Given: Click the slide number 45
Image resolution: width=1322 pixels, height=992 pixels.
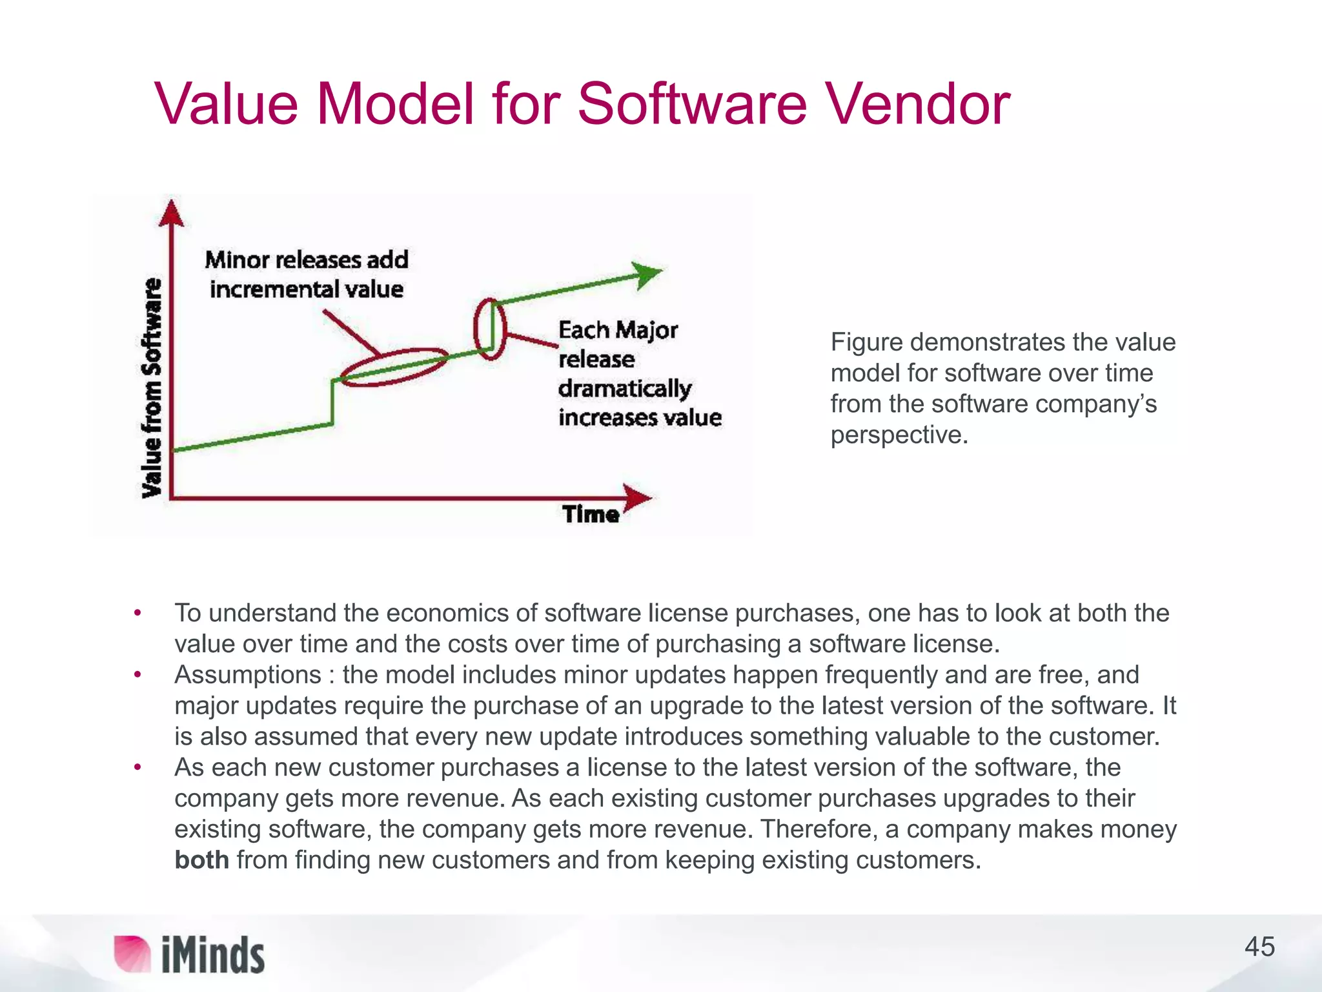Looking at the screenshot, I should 1259,947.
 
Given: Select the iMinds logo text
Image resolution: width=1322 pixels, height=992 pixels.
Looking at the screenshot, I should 213,955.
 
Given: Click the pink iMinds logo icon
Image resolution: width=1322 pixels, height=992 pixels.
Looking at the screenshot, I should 132,953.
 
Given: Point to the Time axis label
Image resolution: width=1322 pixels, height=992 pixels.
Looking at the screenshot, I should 590,515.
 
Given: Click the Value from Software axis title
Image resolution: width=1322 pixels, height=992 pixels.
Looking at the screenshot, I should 152,387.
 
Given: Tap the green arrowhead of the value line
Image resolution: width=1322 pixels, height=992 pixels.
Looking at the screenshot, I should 647,274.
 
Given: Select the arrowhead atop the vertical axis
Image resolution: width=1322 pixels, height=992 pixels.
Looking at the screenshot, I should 171,214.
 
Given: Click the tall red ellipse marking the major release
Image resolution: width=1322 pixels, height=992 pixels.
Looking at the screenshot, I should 489,329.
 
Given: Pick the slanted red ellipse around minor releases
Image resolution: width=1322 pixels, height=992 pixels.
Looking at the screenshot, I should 394,367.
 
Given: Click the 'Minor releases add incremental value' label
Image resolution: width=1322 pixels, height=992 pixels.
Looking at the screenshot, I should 307,274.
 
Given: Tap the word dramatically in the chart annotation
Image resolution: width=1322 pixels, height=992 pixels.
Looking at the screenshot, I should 624,389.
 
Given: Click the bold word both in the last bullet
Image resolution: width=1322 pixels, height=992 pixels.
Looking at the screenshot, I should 201,860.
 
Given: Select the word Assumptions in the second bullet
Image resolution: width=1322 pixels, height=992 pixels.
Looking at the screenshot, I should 248,675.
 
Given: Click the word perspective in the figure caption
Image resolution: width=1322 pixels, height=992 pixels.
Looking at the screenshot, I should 899,435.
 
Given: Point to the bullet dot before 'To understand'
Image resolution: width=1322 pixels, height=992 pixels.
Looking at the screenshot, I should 137,612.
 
